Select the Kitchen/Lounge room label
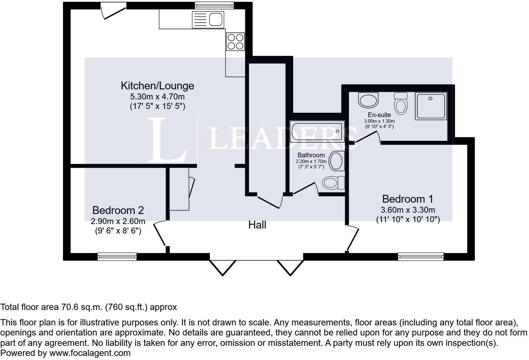(x=157, y=86)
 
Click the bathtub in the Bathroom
(x=317, y=131)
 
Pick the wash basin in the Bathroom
(x=336, y=161)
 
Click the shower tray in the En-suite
(x=431, y=106)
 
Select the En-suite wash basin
(x=368, y=100)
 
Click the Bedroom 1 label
(x=407, y=199)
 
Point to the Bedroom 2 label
(x=118, y=210)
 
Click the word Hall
(x=257, y=225)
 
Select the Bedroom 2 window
(x=117, y=256)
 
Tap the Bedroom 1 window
(x=421, y=256)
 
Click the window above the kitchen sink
(x=214, y=5)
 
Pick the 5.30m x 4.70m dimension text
(x=157, y=96)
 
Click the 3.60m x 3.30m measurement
(x=407, y=210)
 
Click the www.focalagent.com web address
(x=90, y=353)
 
